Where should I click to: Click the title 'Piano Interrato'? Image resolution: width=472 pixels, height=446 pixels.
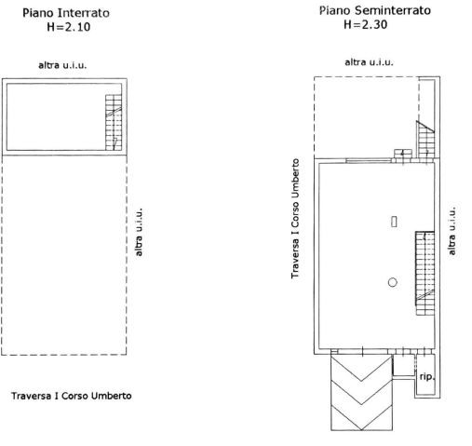tap(66, 13)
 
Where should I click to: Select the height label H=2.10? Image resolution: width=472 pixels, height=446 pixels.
tap(69, 27)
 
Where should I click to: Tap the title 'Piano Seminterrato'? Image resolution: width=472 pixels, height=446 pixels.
tap(375, 10)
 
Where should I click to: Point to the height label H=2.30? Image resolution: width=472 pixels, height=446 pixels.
tap(365, 24)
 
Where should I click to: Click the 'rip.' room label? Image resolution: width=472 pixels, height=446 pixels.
tap(427, 376)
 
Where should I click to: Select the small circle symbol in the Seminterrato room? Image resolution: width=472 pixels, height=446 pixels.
tap(393, 282)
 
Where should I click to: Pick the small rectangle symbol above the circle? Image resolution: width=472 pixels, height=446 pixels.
tap(394, 222)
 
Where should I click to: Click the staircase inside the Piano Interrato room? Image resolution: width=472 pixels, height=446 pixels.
tap(114, 123)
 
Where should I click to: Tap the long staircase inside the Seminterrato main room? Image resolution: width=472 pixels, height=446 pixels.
tap(425, 273)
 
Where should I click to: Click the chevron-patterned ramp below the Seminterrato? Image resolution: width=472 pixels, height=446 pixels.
tap(362, 393)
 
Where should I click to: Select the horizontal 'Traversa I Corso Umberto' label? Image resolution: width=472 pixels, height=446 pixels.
tap(72, 396)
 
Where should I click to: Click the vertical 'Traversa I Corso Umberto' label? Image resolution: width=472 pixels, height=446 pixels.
tap(295, 219)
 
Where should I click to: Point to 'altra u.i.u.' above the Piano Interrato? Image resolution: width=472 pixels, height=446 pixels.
tap(62, 65)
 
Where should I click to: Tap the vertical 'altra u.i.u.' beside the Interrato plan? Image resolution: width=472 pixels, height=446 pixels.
tap(139, 232)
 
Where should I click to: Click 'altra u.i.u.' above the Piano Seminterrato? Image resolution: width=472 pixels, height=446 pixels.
tap(369, 62)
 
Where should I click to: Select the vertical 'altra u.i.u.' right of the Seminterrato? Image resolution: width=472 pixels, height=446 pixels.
tap(452, 231)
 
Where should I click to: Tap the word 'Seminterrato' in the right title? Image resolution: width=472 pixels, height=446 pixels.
tap(393, 10)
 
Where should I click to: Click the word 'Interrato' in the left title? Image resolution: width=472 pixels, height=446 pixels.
tap(84, 13)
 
